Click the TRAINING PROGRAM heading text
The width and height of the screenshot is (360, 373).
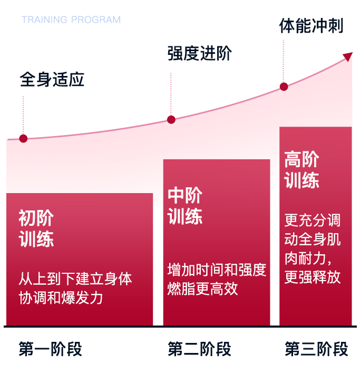point(71,20)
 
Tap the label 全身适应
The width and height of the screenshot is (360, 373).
point(52,79)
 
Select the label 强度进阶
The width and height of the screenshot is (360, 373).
point(199,53)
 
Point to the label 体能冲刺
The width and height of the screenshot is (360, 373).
point(312,26)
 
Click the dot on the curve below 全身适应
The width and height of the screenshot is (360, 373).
point(23,138)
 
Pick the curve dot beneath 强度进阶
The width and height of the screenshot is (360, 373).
point(171,119)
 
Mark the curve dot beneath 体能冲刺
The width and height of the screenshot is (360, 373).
point(284,87)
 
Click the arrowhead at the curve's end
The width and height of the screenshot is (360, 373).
point(348,56)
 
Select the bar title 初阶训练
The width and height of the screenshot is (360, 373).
point(36,228)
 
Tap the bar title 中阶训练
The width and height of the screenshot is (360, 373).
point(185,206)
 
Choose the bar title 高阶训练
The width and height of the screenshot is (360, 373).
point(301,169)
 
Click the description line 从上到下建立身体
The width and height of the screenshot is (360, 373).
point(75,279)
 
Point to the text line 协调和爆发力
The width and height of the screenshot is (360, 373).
point(61,298)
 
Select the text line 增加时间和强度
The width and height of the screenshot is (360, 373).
point(217,270)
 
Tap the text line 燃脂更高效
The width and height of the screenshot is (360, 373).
point(203,289)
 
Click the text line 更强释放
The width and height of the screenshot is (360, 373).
point(313,277)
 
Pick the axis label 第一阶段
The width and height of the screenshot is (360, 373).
point(51,349)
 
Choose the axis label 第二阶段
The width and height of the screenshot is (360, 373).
point(199,349)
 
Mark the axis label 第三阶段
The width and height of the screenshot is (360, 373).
point(316,349)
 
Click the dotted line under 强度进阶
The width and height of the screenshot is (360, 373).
point(171,94)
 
